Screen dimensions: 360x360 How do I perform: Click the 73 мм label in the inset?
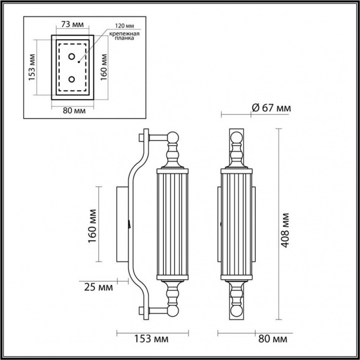coord(73,26)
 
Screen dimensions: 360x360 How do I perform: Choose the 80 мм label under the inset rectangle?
coord(73,111)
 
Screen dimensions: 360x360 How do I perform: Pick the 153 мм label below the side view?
coord(149,338)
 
